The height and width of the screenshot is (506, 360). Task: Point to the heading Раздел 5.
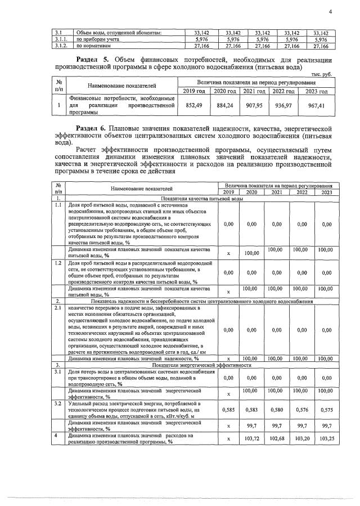click(x=93, y=60)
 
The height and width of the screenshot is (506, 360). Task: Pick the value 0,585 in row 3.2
click(x=228, y=410)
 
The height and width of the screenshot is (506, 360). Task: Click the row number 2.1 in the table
click(x=58, y=308)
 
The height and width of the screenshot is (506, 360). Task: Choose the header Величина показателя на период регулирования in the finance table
click(x=258, y=82)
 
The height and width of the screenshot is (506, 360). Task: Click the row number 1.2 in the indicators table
click(x=58, y=263)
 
